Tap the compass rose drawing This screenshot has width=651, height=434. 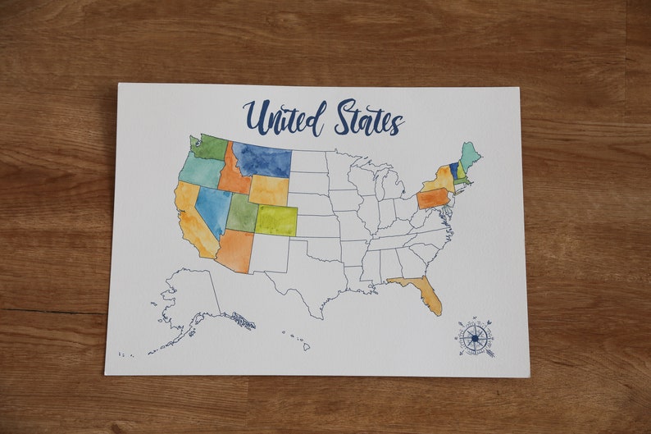click(476, 337)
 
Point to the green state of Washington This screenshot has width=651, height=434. click(211, 147)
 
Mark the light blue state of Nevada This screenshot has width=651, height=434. click(213, 208)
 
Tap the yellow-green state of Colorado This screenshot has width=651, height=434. click(275, 220)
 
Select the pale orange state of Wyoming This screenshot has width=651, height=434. click(268, 190)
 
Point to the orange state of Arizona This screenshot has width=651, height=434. click(235, 250)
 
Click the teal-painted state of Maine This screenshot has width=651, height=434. click(470, 155)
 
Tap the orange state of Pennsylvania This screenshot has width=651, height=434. click(433, 199)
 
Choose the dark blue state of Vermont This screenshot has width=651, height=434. click(453, 171)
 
